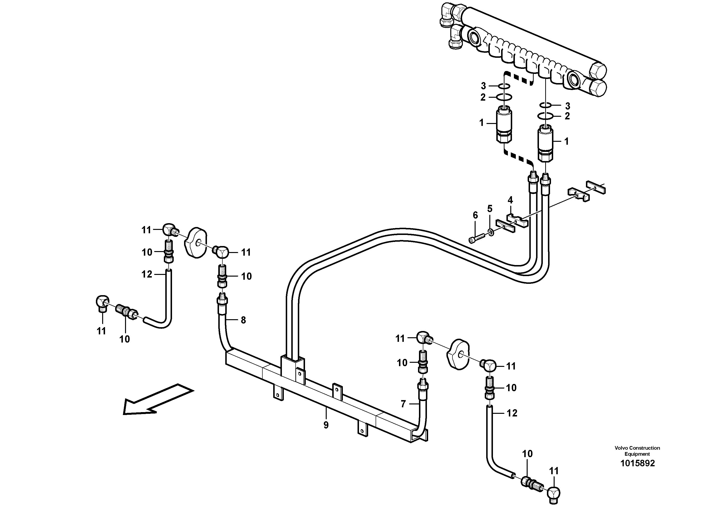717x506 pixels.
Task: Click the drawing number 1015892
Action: [x=637, y=463]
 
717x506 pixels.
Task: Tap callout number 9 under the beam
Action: [x=326, y=425]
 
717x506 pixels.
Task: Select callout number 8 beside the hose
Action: [x=243, y=320]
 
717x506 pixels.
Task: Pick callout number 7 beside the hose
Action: [x=403, y=404]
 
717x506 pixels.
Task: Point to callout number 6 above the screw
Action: [x=475, y=215]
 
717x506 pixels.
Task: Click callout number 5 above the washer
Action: [x=490, y=209]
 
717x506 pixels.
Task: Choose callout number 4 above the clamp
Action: [x=510, y=200]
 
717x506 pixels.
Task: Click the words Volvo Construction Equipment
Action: [x=637, y=451]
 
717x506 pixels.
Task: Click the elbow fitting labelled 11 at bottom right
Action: [x=553, y=494]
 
